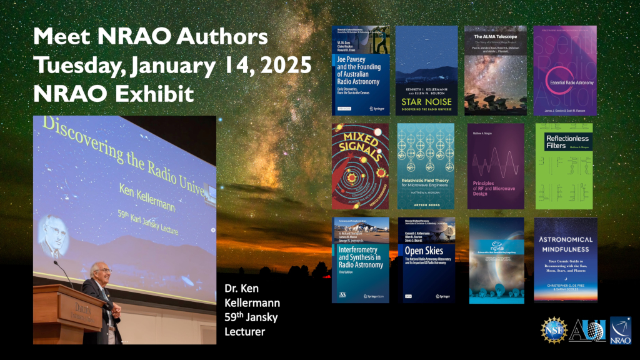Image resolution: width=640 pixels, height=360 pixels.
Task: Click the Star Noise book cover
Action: coord(427,71)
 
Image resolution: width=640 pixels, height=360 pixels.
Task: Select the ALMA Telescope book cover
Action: coord(495,71)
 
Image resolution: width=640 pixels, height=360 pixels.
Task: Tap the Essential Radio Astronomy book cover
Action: coord(565,71)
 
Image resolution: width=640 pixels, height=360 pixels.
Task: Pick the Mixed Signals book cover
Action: coord(360,166)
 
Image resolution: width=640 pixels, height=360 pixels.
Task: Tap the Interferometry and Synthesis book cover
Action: coord(361,260)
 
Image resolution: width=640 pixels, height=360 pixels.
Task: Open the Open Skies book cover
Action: coord(427,260)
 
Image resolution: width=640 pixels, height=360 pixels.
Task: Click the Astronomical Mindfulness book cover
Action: coord(565,260)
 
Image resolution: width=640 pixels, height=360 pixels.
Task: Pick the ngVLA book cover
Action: coord(496,260)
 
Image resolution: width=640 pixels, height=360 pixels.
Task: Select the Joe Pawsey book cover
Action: coord(361,71)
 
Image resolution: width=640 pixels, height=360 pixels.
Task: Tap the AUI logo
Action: coord(586,330)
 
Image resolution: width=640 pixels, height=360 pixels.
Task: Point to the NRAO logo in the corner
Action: coord(620,330)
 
